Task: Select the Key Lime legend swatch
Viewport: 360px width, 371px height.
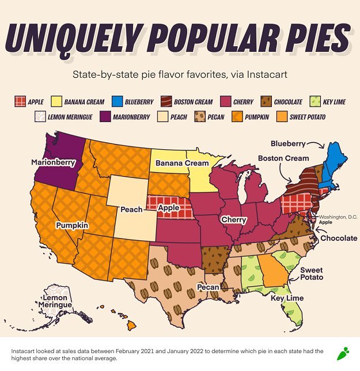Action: pos(315,102)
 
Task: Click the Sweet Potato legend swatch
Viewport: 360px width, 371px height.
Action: pos(280,117)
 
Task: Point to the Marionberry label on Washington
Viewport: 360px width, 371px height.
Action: pos(53,162)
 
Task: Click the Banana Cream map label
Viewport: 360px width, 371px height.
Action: pos(181,164)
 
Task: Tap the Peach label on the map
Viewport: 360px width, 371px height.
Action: pos(131,209)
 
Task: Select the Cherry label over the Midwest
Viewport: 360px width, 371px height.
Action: pos(233,219)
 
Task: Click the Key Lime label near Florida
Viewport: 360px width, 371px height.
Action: pos(287,298)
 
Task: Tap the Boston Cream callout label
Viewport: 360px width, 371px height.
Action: pos(283,158)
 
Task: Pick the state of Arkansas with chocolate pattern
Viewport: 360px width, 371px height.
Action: pos(214,254)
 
